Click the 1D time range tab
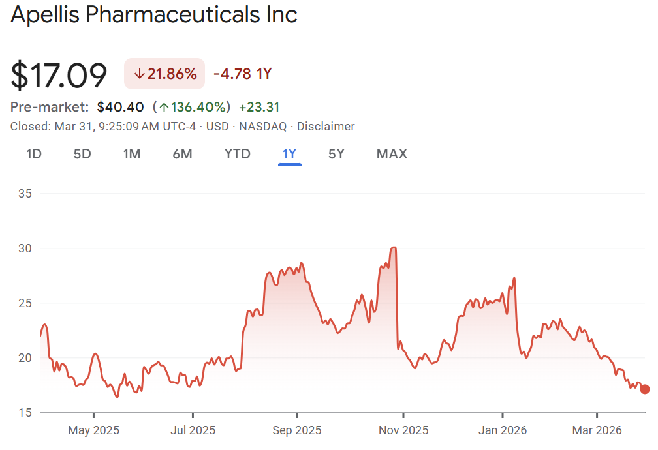[x=34, y=154]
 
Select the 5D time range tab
[x=82, y=154]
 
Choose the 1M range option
[x=132, y=154]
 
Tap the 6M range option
[x=182, y=154]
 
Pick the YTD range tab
[x=237, y=154]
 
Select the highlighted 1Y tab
[x=289, y=154]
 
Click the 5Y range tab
[x=336, y=154]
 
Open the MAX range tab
[x=392, y=154]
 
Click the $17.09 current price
[x=59, y=75]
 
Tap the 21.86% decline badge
[x=164, y=74]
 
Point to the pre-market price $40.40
[x=120, y=107]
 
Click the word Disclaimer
[x=326, y=127]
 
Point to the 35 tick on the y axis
[x=27, y=194]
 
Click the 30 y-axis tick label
[x=27, y=248]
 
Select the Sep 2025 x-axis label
[x=296, y=430]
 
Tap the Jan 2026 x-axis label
[x=502, y=430]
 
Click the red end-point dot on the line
[x=645, y=389]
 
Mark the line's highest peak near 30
[x=394, y=248]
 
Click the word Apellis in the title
[x=45, y=14]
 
